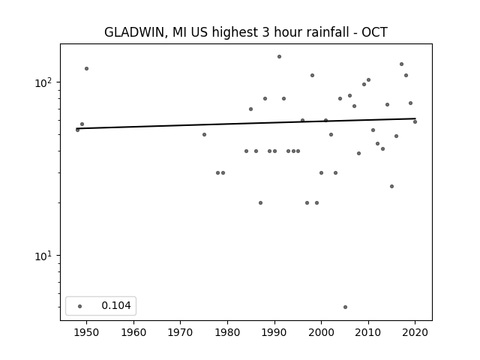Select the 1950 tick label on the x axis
coord(86,332)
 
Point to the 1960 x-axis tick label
coord(133,332)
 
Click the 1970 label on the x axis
coord(180,332)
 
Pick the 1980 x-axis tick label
coord(227,332)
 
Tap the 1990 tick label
coord(274,332)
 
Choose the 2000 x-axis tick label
coord(322,332)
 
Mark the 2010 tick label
coord(368,332)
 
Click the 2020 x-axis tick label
coord(415,332)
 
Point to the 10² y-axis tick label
coord(45,82)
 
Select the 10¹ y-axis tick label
coord(45,256)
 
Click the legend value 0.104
coord(116,305)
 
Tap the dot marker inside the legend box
coord(80,306)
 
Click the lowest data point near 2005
coord(345,307)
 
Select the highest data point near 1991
coord(279,57)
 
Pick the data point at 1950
coord(87,68)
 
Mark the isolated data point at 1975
coord(204,135)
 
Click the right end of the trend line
coord(415,118)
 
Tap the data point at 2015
coord(391,187)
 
